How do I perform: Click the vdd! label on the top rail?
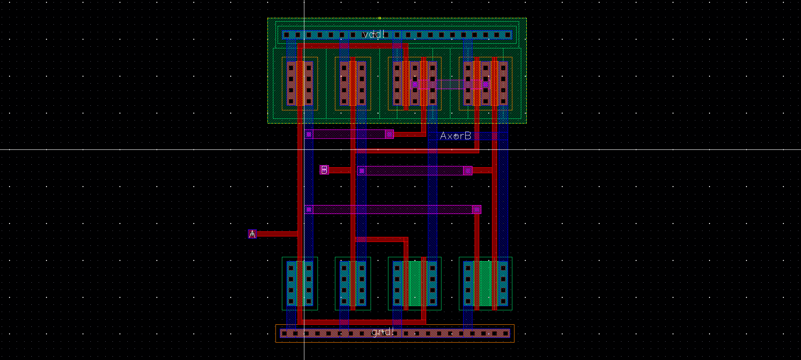click(374, 34)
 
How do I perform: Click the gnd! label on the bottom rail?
click(382, 332)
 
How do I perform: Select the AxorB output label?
click(455, 136)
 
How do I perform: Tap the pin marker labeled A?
click(252, 234)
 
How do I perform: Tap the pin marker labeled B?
click(324, 170)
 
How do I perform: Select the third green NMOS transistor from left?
click(415, 284)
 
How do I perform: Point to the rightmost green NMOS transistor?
click(486, 284)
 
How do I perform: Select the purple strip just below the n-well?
click(348, 134)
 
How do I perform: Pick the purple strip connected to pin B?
click(414, 171)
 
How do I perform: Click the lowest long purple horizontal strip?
click(391, 209)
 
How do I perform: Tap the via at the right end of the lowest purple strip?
click(477, 209)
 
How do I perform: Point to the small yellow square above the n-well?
click(379, 18)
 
